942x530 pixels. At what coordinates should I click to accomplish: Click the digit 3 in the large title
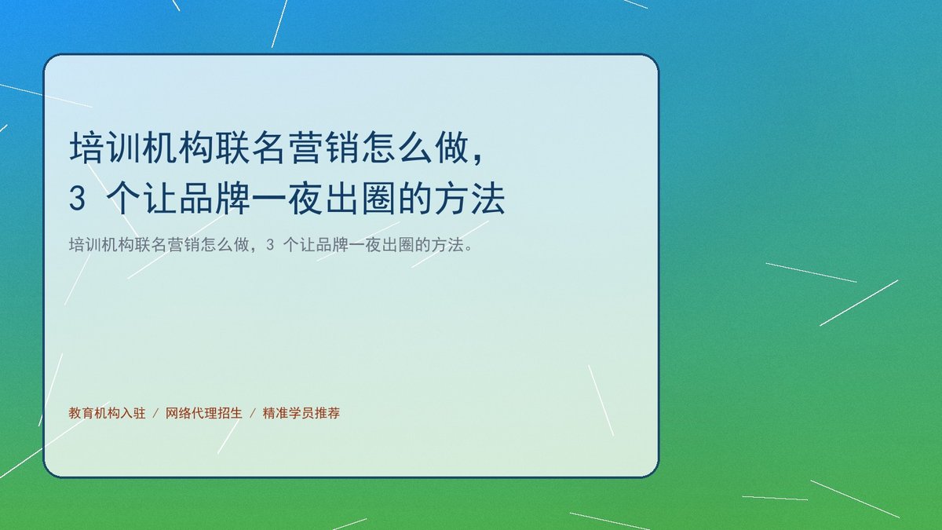click(78, 199)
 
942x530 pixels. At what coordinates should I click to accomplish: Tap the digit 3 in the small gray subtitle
click(270, 245)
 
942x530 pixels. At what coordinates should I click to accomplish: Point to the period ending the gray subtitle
click(469, 249)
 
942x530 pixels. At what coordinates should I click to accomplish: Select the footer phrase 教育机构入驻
click(108, 413)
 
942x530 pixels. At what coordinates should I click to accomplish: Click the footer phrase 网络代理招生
click(204, 413)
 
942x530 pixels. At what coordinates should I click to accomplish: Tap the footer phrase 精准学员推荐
click(301, 413)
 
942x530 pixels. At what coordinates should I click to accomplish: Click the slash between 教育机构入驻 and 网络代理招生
click(155, 414)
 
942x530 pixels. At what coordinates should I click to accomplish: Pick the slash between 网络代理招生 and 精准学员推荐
click(253, 414)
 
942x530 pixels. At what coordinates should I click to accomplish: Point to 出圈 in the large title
click(361, 199)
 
